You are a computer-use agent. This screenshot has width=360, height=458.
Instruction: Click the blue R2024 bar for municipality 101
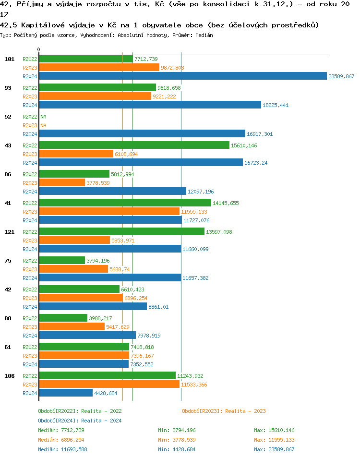pos(182,76)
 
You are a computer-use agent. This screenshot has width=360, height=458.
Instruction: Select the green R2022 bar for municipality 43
pos(134,145)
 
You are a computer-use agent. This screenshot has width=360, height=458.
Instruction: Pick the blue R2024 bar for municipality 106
pos(65,393)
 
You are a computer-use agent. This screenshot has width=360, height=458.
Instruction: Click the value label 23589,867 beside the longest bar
pos(341,76)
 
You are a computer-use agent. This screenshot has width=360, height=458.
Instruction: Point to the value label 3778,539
pos(98,183)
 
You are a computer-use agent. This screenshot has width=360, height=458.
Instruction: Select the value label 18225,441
pos(275,105)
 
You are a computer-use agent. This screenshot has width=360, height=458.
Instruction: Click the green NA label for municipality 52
pos(43,117)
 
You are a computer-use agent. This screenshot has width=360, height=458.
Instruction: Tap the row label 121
pos(10,232)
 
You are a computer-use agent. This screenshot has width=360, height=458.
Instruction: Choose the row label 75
pos(8,261)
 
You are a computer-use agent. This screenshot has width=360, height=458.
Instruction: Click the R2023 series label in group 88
pos(30,327)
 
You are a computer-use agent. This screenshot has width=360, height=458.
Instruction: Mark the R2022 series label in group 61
pos(30,347)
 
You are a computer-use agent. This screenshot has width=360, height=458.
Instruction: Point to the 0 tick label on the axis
pos(38,49)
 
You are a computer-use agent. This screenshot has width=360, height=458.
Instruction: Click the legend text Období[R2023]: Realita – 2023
pos(224,411)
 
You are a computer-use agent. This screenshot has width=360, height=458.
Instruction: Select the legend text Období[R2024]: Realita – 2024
pos(80,421)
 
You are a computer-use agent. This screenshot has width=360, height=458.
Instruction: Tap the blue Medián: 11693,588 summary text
pos(62,449)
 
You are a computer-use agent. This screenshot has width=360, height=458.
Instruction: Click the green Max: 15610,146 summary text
pos(274,430)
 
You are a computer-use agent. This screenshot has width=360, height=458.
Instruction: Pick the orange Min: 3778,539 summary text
pos(177,440)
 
